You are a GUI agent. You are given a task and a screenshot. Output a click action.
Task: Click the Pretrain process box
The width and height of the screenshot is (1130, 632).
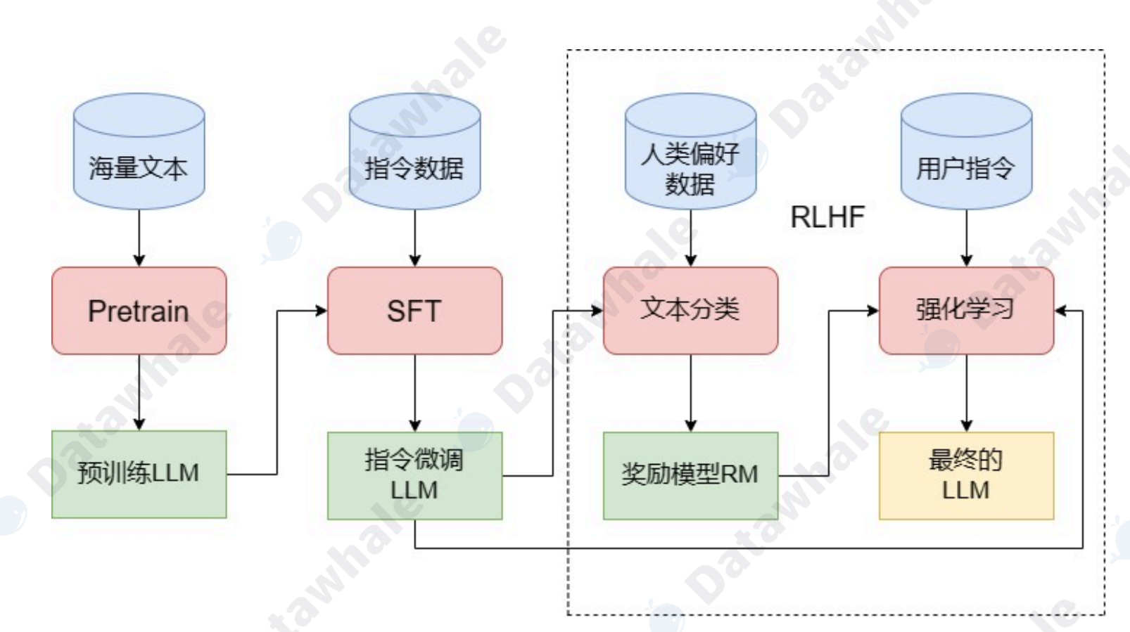click(139, 311)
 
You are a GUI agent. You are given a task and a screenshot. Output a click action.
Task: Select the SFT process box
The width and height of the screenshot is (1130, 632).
click(414, 311)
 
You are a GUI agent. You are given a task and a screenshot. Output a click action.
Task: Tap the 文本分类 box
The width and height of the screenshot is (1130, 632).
click(691, 311)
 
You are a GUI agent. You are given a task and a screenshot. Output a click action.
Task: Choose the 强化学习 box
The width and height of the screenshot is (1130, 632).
click(967, 311)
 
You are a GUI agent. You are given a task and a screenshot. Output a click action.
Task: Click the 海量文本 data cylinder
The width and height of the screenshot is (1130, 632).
click(139, 151)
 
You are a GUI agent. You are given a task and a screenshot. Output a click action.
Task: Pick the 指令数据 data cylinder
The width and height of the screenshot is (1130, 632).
click(414, 151)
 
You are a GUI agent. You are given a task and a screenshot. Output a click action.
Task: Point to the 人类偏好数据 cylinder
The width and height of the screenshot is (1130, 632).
click(691, 151)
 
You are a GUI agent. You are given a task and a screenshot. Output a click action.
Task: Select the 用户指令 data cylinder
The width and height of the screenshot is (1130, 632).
click(967, 151)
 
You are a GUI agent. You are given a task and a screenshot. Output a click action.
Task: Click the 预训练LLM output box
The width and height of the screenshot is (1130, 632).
click(139, 475)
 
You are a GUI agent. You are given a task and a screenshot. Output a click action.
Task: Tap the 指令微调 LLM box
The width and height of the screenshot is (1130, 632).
click(414, 476)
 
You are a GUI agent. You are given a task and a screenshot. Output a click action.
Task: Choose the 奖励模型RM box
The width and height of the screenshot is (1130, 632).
click(691, 476)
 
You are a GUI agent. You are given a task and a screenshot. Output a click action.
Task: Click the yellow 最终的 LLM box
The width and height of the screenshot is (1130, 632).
click(967, 476)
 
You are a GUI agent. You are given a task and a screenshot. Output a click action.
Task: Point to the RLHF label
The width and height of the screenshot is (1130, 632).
click(827, 217)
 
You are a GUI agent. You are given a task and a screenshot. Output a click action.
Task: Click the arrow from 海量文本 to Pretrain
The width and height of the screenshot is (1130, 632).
click(139, 238)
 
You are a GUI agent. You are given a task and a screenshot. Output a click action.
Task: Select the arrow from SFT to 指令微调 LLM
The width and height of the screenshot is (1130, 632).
click(414, 393)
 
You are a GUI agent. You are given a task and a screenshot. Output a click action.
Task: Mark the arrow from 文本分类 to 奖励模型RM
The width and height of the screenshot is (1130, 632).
click(691, 393)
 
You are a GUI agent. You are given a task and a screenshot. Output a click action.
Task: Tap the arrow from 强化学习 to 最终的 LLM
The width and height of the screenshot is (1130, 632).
click(967, 393)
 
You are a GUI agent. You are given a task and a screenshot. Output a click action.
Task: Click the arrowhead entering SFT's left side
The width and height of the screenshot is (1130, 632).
click(322, 311)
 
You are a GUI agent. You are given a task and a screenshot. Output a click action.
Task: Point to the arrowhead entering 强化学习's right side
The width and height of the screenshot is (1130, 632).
click(1060, 311)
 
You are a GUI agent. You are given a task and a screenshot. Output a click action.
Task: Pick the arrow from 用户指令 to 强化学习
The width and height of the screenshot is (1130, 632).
click(967, 238)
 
